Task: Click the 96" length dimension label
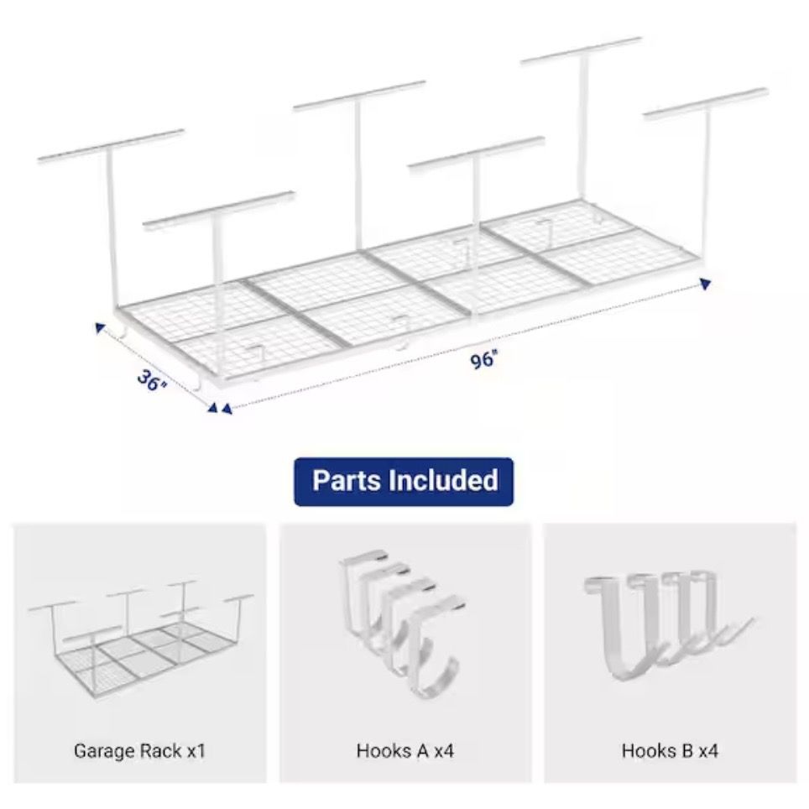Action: click(x=483, y=359)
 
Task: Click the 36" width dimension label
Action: click(x=152, y=381)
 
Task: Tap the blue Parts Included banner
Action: click(x=404, y=482)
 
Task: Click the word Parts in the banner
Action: click(x=347, y=481)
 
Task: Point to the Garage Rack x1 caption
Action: click(x=140, y=751)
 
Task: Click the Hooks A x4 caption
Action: click(x=405, y=751)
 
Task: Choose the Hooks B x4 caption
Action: click(x=670, y=751)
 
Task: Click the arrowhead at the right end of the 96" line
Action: click(x=705, y=284)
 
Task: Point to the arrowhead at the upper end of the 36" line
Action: click(x=100, y=327)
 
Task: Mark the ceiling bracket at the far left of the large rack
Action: click(x=111, y=144)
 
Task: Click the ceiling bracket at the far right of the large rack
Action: click(x=707, y=104)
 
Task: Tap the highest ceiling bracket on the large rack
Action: click(x=582, y=50)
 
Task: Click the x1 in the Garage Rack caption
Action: click(x=196, y=751)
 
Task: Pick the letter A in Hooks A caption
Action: click(x=423, y=751)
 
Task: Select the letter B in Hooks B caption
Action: click(x=687, y=751)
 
